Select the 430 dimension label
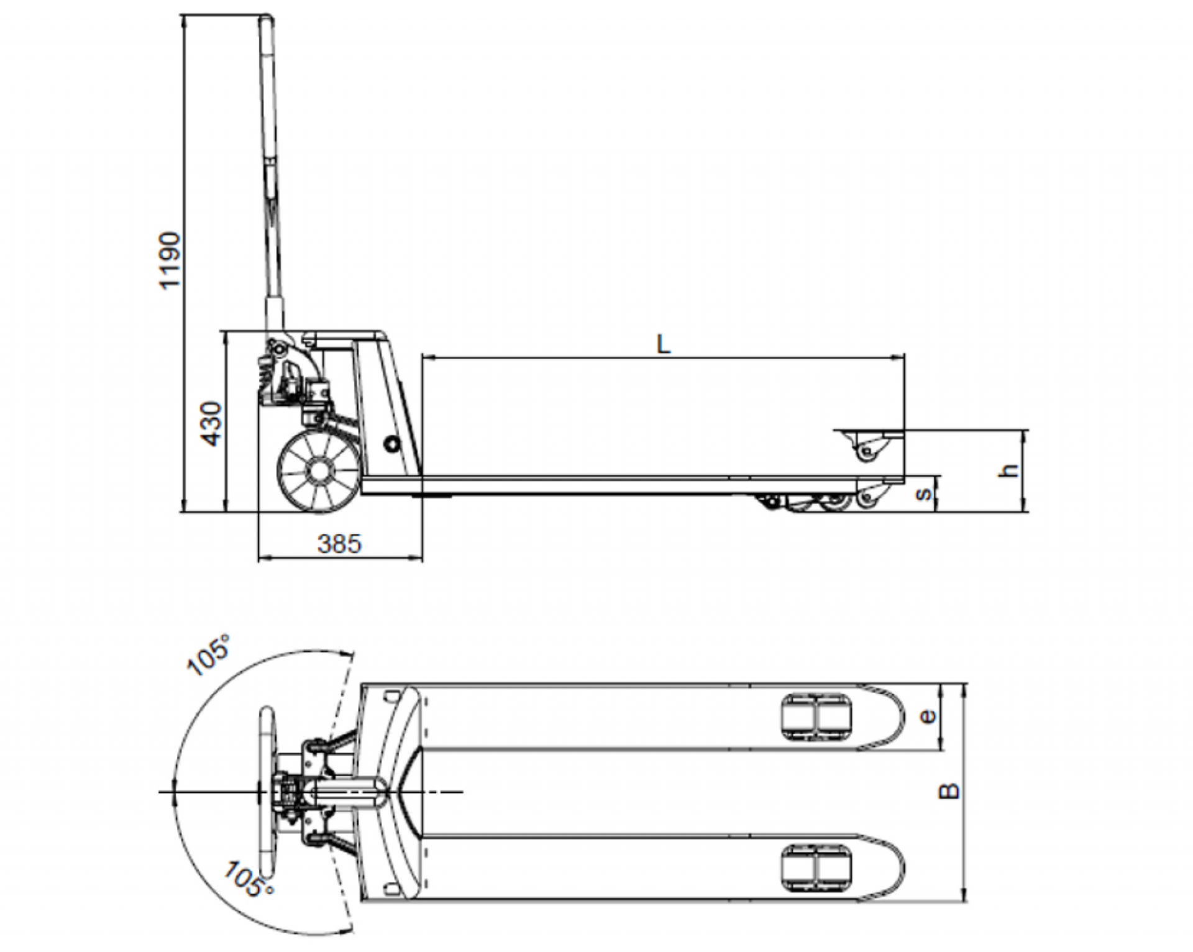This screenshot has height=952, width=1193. (212, 424)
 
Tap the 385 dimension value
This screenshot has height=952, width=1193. (339, 544)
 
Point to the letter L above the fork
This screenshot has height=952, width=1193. (664, 344)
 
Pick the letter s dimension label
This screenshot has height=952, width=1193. (925, 493)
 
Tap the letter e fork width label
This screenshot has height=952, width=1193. (927, 716)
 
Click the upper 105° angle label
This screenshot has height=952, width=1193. (209, 656)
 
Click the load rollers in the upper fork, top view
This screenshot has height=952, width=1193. (815, 717)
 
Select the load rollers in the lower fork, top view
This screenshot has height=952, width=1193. (815, 868)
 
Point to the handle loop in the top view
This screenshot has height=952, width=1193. (267, 791)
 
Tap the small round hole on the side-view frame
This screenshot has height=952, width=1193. (391, 444)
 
